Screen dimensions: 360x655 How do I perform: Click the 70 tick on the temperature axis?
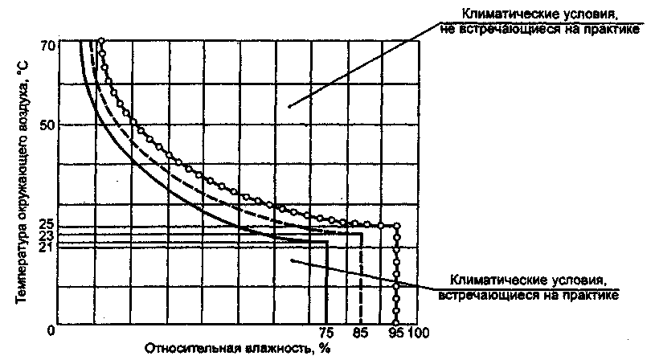pyautogui.click(x=46, y=46)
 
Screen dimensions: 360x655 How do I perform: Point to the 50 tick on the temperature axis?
pyautogui.click(x=46, y=125)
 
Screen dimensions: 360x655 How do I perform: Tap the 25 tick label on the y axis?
pyautogui.click(x=45, y=223)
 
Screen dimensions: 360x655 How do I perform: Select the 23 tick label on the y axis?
pyautogui.click(x=45, y=236)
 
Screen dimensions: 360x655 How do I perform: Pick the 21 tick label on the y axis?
pyautogui.click(x=45, y=247)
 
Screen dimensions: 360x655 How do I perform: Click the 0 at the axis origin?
pyautogui.click(x=50, y=330)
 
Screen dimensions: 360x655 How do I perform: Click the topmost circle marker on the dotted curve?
pyautogui.click(x=101, y=40)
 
